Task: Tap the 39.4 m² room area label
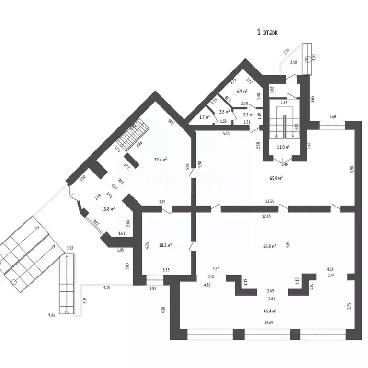click(x=160, y=160)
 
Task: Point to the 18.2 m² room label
click(x=165, y=245)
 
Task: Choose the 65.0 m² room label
click(x=276, y=178)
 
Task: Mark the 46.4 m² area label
click(x=270, y=310)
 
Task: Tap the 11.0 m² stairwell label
click(x=284, y=147)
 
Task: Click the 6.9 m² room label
click(x=242, y=91)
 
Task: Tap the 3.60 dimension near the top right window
click(x=333, y=116)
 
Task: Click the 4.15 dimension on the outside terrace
click(x=107, y=287)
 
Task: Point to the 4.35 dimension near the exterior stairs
click(x=50, y=315)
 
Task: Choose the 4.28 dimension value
click(x=163, y=310)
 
